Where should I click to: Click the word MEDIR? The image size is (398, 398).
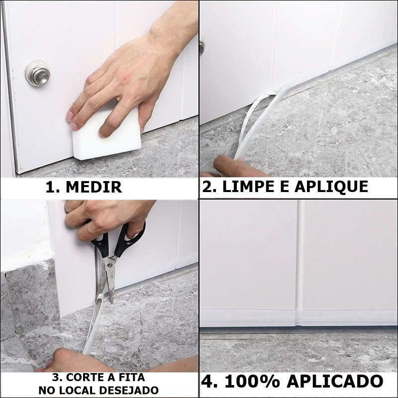tap(94, 187)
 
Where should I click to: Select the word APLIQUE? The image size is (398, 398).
tap(331, 187)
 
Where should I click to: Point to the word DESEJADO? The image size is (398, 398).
tap(129, 390)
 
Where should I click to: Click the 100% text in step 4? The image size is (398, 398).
tap(252, 381)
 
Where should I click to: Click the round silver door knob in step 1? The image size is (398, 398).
tap(38, 73)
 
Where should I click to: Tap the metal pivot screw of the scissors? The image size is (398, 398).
tap(109, 265)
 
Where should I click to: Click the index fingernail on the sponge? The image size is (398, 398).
tap(69, 116)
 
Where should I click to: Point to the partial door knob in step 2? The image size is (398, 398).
tap(202, 47)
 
